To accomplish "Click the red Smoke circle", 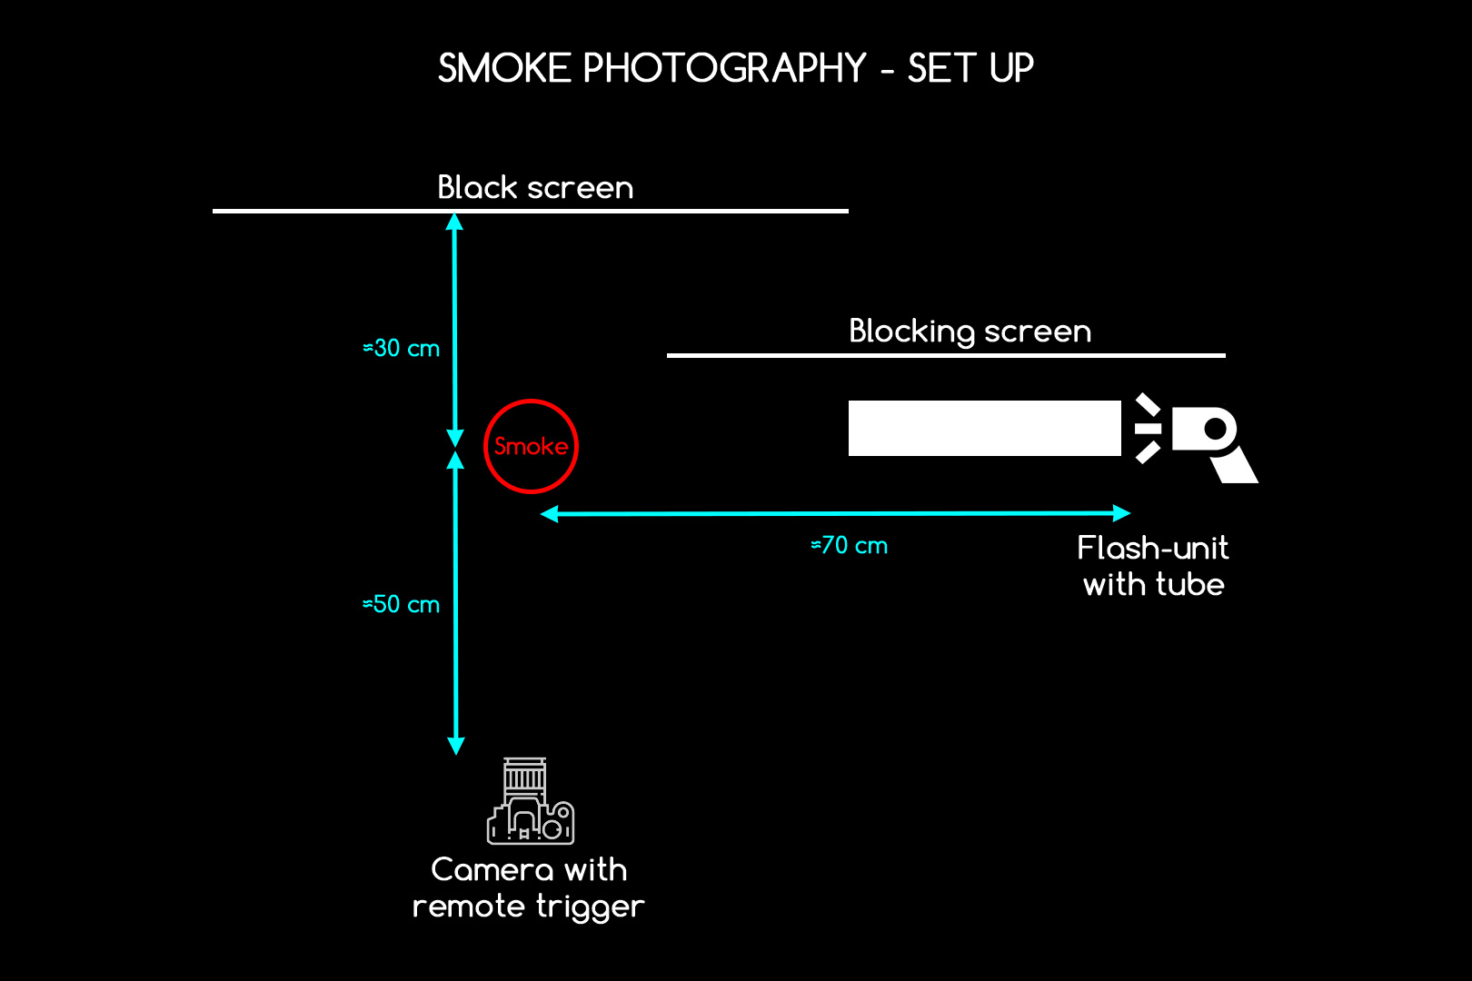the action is pos(531,401).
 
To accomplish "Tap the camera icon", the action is pos(531,801).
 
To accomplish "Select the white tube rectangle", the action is pos(984,428).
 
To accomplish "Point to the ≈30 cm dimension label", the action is pos(401,348).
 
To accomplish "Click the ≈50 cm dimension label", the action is pos(401,605).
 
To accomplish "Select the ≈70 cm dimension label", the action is pos(849,545).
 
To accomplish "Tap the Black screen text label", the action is pos(535,187).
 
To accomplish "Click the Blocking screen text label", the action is pos(970,332).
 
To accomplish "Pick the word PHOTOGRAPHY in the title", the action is pos(725,68).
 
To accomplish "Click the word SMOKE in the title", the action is pos(504,68).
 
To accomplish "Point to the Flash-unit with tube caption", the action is pos(1153,566).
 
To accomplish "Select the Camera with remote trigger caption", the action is pos(528,888).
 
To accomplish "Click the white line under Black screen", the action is pos(531,211).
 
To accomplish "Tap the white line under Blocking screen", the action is pos(946,355).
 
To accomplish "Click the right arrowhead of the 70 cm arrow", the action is pos(1122,513).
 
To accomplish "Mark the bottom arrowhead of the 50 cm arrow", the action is pos(456,746).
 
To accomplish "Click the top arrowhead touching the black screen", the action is pos(454,223).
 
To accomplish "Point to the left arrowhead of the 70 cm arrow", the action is pos(549,514).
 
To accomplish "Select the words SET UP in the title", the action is pos(970,68).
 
